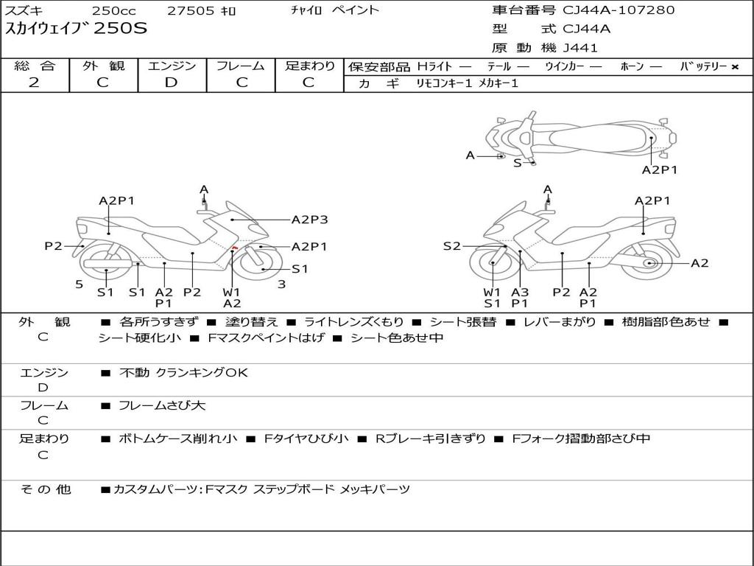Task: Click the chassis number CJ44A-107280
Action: (x=619, y=10)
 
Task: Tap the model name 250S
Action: (x=121, y=29)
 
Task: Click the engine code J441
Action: (x=580, y=48)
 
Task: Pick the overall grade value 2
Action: (x=34, y=83)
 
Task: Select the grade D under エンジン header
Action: (x=172, y=83)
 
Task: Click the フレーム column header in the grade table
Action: (x=240, y=66)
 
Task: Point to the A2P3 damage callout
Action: (x=309, y=219)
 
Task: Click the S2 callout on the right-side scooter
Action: (x=451, y=246)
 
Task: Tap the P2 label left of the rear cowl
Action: (x=53, y=246)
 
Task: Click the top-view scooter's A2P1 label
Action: (x=659, y=170)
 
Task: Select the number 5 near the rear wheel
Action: (x=79, y=284)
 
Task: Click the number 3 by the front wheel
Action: (x=281, y=284)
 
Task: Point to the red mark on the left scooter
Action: (x=234, y=247)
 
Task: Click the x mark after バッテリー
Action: (x=734, y=66)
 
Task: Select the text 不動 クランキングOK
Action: (x=183, y=373)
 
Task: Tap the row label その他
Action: (x=46, y=489)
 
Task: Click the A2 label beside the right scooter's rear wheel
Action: (x=700, y=263)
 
